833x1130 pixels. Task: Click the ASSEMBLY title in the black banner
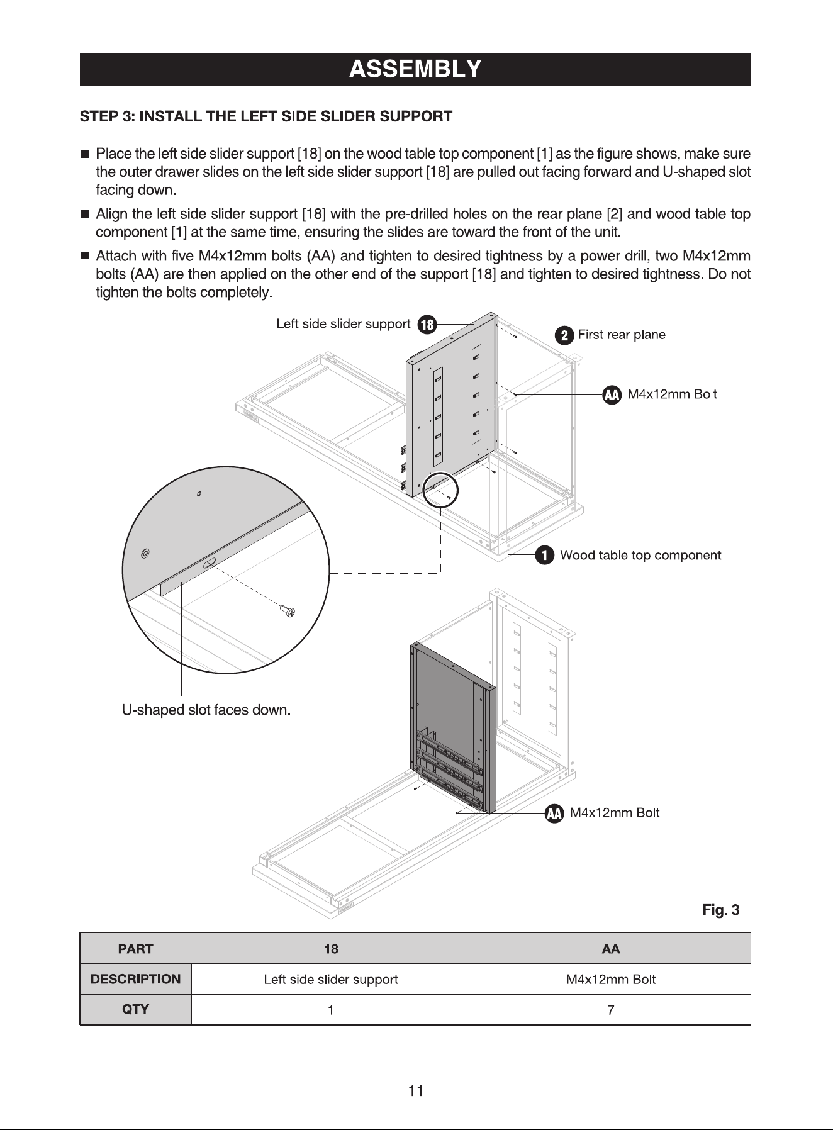click(415, 69)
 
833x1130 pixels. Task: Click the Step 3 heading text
click(266, 116)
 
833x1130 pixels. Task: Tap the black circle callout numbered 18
click(427, 325)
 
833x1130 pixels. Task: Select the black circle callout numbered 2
click(564, 335)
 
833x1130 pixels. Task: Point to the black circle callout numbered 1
click(544, 556)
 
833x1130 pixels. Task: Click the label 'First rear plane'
click(622, 335)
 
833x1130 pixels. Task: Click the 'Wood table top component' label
click(640, 556)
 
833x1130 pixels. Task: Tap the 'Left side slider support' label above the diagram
click(344, 324)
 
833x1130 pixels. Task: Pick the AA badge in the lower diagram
click(554, 814)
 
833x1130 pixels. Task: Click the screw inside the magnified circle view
click(289, 610)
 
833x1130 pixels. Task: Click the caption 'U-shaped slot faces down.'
click(206, 710)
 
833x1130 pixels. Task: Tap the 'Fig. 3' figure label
click(721, 910)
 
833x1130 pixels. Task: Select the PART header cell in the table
click(135, 949)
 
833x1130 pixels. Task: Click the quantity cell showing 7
click(611, 1010)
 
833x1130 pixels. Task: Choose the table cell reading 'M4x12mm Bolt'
click(611, 980)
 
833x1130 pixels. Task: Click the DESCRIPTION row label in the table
click(135, 980)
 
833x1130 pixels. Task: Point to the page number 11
click(416, 1091)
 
